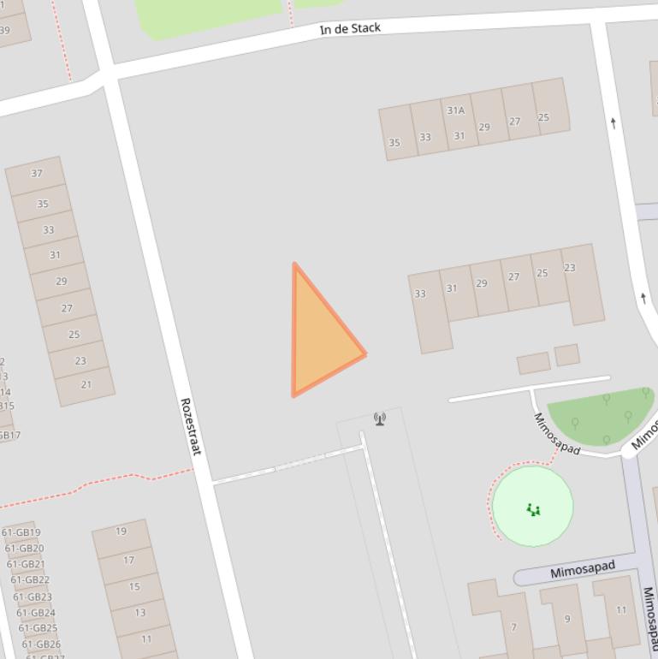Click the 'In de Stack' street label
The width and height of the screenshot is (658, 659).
point(350,28)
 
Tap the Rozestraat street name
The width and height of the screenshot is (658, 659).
point(189,426)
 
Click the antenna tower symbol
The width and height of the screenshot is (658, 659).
point(380,419)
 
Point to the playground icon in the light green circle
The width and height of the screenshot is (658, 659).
point(534,510)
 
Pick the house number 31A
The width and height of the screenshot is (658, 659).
point(455,110)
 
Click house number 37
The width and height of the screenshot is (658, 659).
point(36,174)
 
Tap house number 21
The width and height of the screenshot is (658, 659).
point(86,385)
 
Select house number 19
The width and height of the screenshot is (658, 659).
point(121,531)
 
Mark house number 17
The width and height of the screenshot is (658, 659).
point(128,561)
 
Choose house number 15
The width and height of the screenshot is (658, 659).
point(134,587)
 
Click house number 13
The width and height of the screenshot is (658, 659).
point(139,613)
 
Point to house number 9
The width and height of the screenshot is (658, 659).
point(566,619)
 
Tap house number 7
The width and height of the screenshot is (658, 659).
point(513,627)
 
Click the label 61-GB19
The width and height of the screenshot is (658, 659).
point(21,533)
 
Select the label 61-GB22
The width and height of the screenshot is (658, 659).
point(30,580)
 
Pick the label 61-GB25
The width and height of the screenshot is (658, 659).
point(38,628)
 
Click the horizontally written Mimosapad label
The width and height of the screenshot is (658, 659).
point(583,570)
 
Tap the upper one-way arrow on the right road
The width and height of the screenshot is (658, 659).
point(614,123)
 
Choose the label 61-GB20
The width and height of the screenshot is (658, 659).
point(24,549)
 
